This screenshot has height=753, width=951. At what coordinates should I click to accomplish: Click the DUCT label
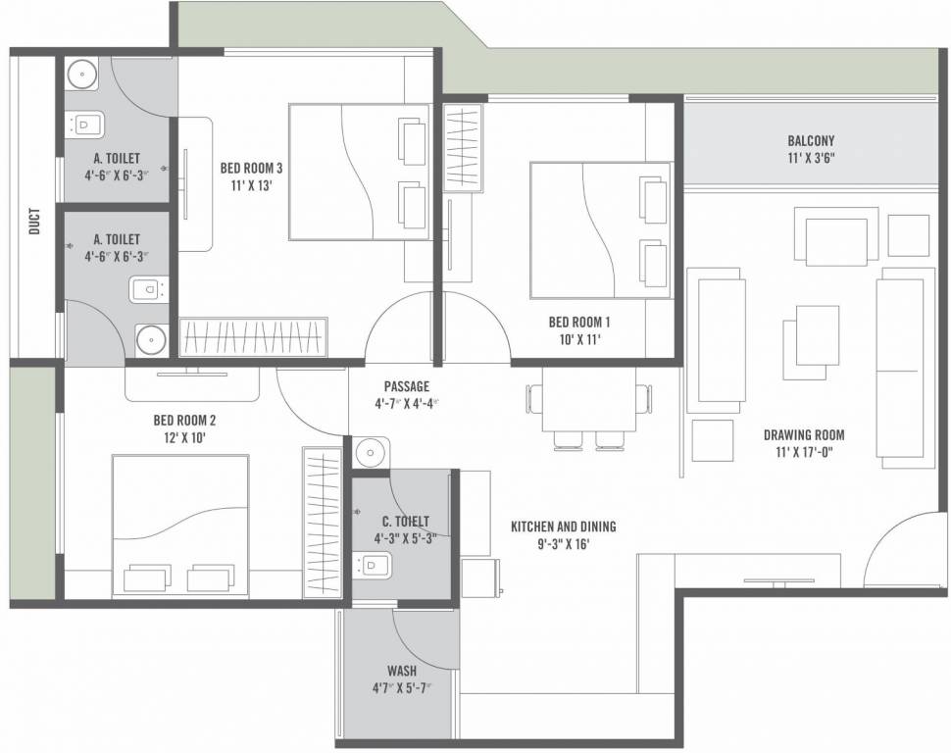coord(35,223)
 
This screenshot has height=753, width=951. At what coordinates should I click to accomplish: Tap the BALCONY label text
coord(811,140)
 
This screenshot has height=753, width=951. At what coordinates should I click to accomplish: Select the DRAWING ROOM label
coord(804,435)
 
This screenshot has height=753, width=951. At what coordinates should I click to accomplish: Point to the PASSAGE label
coord(406,386)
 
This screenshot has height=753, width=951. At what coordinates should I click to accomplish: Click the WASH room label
coord(402,671)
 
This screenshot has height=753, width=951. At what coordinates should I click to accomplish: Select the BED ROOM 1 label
coord(579,322)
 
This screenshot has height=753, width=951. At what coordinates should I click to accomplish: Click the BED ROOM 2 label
coord(184,420)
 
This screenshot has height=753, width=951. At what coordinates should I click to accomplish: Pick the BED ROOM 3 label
coord(252,168)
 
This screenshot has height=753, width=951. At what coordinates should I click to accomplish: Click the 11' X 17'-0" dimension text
coord(804,453)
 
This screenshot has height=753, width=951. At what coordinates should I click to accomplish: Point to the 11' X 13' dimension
coord(252,185)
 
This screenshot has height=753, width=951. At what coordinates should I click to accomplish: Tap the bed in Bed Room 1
coord(600,230)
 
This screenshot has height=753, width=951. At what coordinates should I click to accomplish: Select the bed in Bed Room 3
coord(359,172)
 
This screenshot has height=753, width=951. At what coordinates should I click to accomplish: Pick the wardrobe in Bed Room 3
coord(253,336)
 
